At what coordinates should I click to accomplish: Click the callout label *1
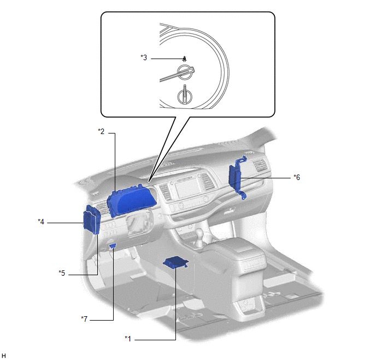point(128,339)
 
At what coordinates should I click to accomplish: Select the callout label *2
point(102,131)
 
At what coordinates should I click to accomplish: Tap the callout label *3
point(144,57)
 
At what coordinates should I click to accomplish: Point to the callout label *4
point(41,222)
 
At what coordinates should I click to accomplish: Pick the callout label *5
point(62,273)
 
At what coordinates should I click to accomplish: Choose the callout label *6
point(297,177)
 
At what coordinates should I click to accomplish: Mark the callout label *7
point(84,319)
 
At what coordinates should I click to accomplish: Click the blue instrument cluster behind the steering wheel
point(132,200)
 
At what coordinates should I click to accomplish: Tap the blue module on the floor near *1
point(176,262)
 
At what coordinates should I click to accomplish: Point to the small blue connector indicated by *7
point(113,246)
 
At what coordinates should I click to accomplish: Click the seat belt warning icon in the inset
point(184,59)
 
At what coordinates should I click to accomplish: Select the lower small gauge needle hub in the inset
point(185,96)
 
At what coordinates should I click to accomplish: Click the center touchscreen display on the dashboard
point(187,189)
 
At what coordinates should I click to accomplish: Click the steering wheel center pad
point(137,223)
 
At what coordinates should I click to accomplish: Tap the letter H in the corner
point(4,356)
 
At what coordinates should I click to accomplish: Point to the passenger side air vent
point(260,166)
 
